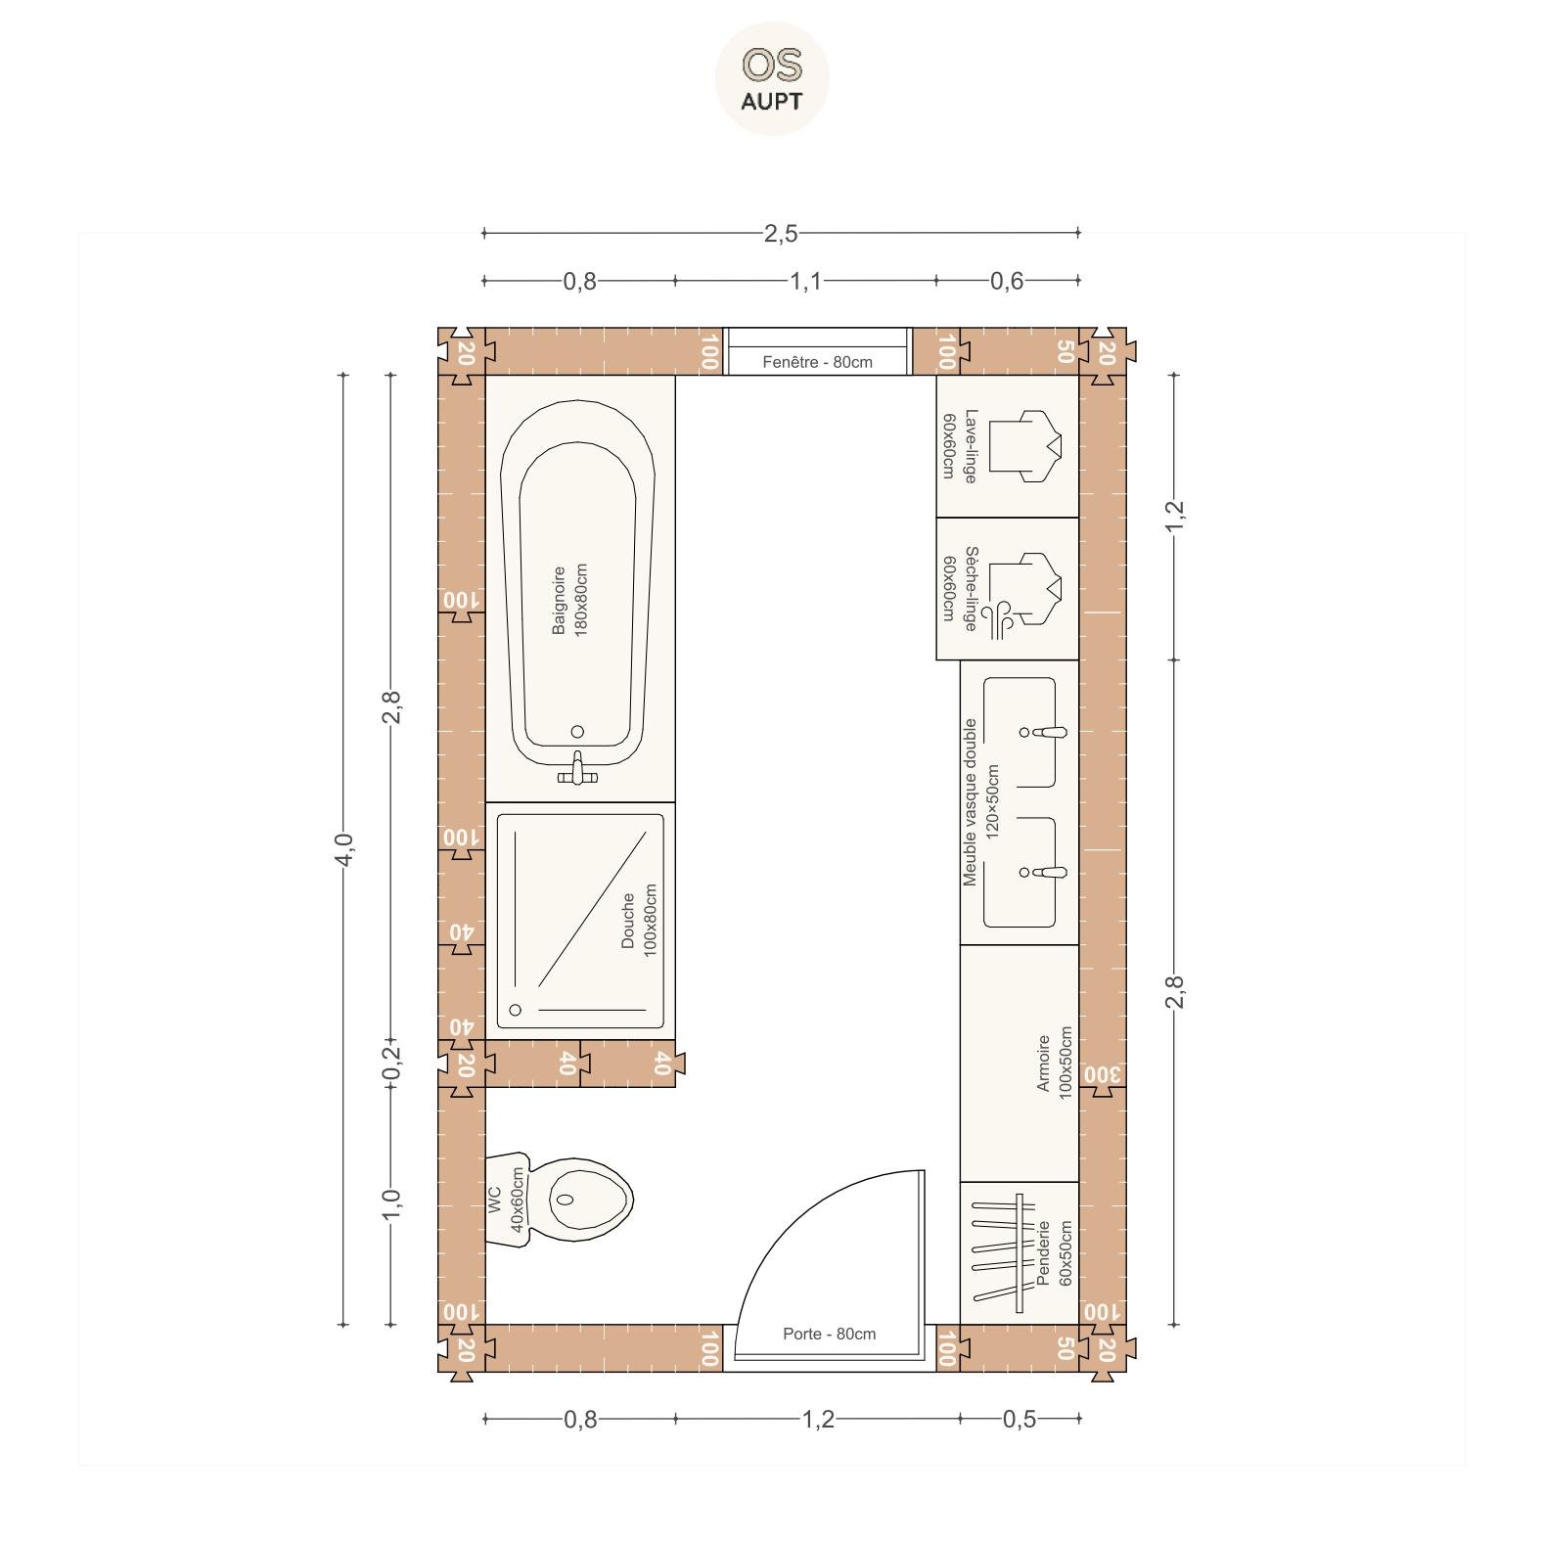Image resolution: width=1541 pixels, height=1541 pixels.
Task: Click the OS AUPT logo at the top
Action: [772, 78]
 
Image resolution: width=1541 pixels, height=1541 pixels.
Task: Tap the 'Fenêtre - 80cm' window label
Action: [817, 362]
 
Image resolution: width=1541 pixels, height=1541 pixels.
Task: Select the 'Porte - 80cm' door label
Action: [829, 1334]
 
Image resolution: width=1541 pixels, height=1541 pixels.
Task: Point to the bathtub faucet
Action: [577, 769]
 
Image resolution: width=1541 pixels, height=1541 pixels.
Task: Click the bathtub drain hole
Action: [577, 732]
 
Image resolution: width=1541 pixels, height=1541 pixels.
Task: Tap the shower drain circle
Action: [516, 1010]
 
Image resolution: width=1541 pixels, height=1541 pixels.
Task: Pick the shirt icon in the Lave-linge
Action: [1025, 445]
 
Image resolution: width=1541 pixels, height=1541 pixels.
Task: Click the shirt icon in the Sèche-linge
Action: [1025, 590]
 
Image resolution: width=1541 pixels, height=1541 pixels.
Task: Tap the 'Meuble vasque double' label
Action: [970, 802]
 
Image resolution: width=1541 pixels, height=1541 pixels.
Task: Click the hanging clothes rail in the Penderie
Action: [1005, 1253]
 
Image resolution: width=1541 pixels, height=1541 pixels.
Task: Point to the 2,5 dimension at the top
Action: [781, 233]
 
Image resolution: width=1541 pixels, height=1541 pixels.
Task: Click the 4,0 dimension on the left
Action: [342, 848]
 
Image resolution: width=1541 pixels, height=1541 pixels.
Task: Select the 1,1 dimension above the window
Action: [806, 281]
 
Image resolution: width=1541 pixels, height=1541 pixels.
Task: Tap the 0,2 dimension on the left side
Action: [391, 1064]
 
